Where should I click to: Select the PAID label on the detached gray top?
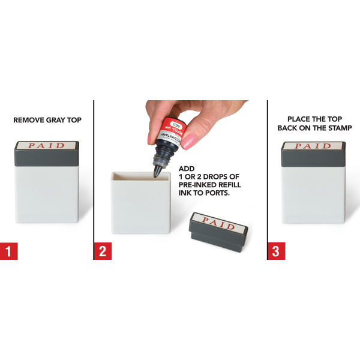click(219, 220)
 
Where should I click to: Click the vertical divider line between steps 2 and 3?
click(267, 180)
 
